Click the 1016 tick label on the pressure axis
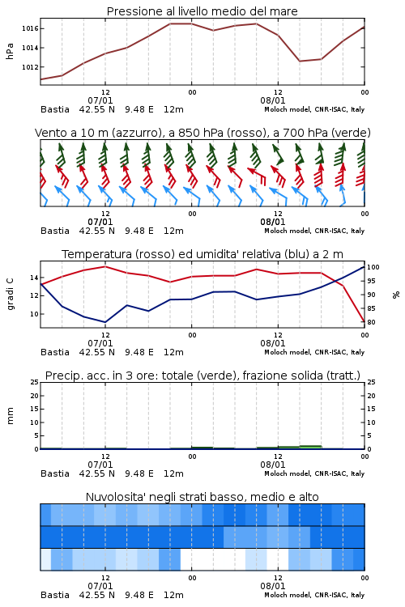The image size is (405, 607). (x=30, y=28)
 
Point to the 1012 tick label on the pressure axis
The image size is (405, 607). (x=30, y=67)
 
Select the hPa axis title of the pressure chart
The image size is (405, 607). (x=10, y=51)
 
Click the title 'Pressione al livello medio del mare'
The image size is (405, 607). (x=202, y=11)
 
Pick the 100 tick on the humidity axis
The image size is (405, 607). (x=373, y=267)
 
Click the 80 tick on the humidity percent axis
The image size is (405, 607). (x=371, y=322)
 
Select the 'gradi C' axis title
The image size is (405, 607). (x=10, y=295)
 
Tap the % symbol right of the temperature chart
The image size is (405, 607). (x=396, y=295)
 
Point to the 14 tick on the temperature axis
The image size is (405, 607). (x=34, y=278)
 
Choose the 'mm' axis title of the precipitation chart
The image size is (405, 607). (x=10, y=416)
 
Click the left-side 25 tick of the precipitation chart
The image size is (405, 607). (x=34, y=382)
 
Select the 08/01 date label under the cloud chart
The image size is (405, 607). (x=273, y=586)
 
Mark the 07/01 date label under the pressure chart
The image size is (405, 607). (x=100, y=100)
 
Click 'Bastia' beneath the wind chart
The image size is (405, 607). (x=55, y=231)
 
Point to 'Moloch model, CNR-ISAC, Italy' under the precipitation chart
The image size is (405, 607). (x=314, y=473)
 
